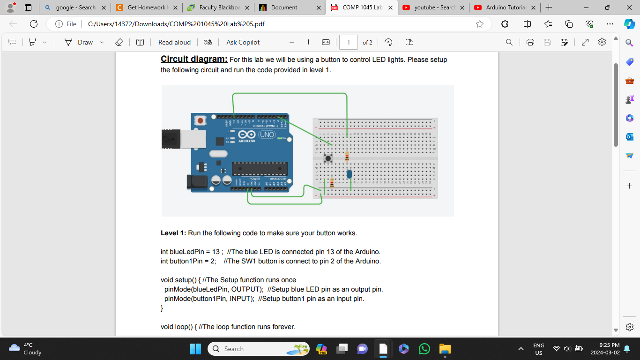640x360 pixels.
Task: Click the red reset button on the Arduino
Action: pos(201,120)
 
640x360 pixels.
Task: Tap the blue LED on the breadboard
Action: pos(349,174)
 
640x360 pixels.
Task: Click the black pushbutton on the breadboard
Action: pos(328,158)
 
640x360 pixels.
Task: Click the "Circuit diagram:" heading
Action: pos(194,59)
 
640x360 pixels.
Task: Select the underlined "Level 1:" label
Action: pos(173,233)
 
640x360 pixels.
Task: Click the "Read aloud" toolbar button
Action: pos(174,42)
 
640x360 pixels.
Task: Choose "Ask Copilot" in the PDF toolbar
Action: pos(243,42)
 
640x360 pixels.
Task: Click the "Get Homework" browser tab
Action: pos(146,7)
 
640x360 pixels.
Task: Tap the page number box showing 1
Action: pos(348,42)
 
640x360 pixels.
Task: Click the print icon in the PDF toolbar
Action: pos(530,42)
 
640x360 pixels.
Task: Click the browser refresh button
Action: pos(34,24)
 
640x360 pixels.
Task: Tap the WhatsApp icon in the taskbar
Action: pos(424,349)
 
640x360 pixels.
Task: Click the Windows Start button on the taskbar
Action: pos(195,349)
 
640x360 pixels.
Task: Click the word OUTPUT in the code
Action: pos(246,289)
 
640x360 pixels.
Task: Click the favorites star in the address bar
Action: pos(480,24)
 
